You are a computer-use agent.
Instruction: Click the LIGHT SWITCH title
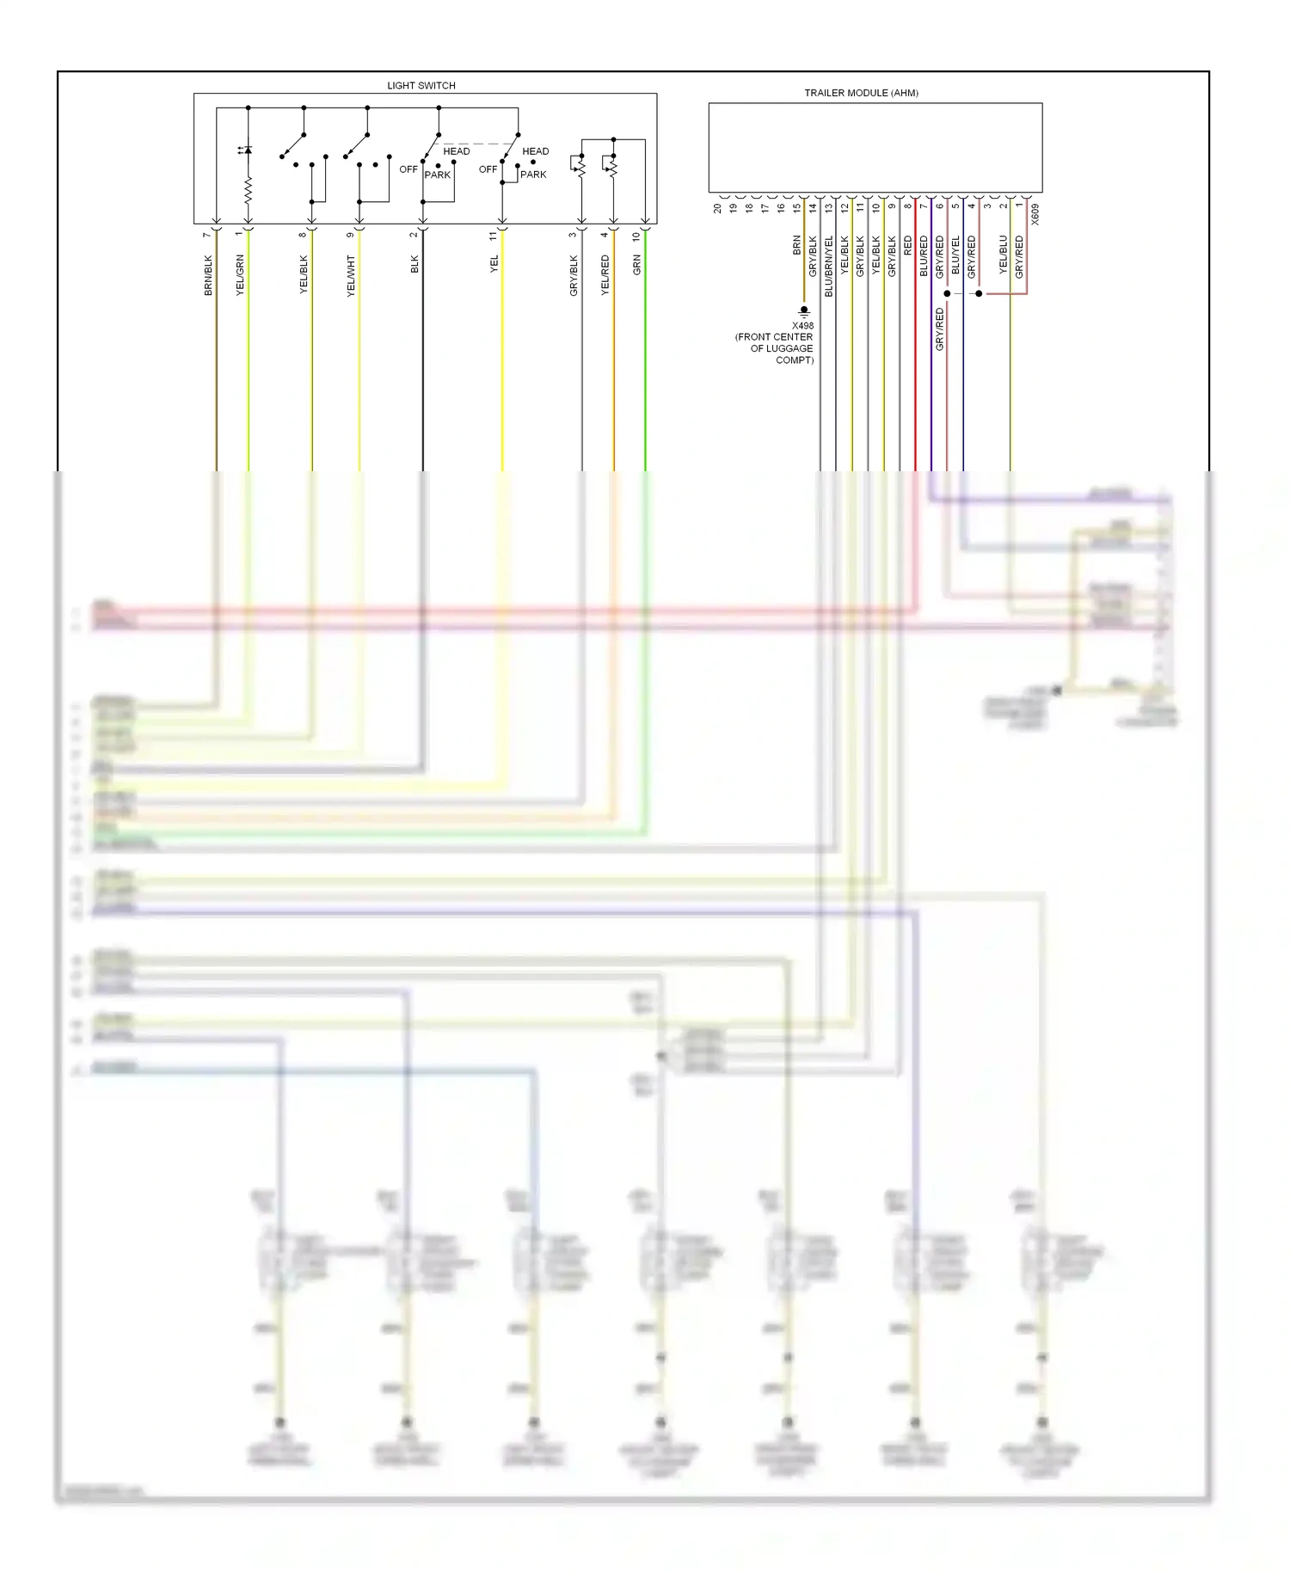click(421, 86)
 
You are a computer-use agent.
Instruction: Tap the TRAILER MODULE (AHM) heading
click(861, 93)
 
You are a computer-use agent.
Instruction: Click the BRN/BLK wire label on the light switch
click(208, 275)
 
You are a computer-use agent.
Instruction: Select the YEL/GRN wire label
click(240, 275)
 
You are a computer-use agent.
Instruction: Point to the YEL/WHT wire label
click(351, 276)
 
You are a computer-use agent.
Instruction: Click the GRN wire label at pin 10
click(637, 265)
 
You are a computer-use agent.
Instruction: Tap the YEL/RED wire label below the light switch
click(605, 275)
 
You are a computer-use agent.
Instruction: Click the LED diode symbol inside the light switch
click(248, 150)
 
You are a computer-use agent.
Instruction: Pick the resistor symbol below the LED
click(248, 191)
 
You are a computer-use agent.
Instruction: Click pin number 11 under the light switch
click(494, 236)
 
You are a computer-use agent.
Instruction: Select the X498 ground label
click(802, 326)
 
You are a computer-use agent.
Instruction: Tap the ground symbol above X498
click(803, 311)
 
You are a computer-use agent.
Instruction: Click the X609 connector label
click(1035, 214)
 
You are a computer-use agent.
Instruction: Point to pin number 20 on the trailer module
click(717, 208)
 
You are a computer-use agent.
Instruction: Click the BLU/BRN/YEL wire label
click(829, 266)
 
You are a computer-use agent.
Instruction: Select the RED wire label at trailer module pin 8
click(908, 246)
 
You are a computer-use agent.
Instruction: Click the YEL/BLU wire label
click(1004, 255)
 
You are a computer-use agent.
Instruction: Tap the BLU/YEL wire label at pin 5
click(955, 255)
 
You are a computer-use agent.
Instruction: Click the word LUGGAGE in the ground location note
click(791, 348)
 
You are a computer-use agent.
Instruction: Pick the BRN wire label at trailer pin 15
click(797, 246)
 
